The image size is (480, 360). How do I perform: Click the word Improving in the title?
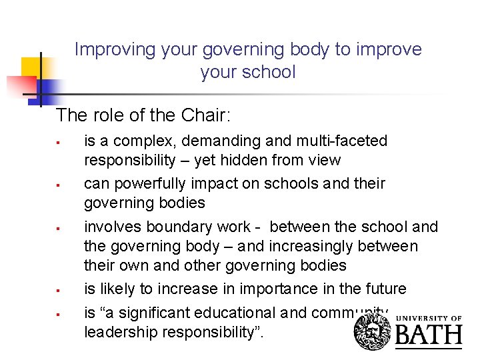(x=107, y=49)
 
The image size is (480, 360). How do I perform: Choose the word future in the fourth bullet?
(x=383, y=289)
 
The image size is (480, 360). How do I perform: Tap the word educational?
(x=241, y=313)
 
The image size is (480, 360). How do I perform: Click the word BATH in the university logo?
(x=428, y=334)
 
